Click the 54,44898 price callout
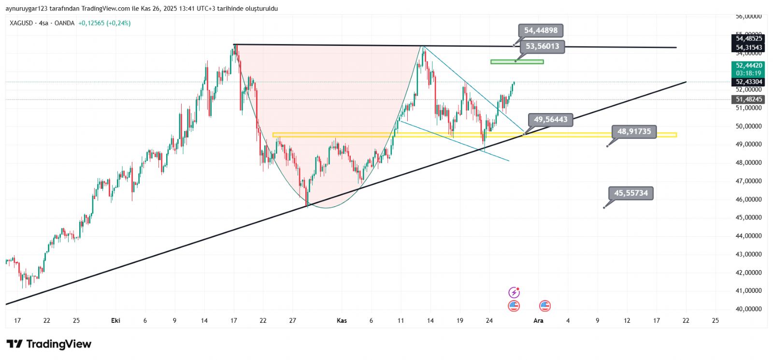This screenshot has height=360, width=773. coord(541,30)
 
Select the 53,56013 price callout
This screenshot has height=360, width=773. coord(542,46)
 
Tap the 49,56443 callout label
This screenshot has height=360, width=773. coord(550,119)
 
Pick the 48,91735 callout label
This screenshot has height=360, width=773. coord(634,131)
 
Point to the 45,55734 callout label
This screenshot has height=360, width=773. coord(630,193)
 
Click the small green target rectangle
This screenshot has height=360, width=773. coord(517,62)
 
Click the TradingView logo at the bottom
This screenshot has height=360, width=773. coord(49,344)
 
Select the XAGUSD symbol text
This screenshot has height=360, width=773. coord(21,23)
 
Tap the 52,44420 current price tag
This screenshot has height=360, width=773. coord(749,66)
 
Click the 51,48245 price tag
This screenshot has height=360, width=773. coord(749,100)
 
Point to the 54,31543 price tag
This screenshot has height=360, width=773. coord(749,47)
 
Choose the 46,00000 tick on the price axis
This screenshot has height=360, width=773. coord(748,200)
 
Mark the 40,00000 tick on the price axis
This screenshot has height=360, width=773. coord(748,309)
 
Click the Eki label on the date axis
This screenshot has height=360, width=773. coord(115,320)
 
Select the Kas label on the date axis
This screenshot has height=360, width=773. coord(342,320)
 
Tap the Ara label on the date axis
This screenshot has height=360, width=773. coord(538,320)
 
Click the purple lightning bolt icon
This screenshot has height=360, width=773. coord(514,292)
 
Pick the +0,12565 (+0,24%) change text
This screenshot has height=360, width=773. coord(104,23)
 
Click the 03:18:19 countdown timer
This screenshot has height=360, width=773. coord(749,73)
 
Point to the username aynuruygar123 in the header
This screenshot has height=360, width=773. coord(27,9)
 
